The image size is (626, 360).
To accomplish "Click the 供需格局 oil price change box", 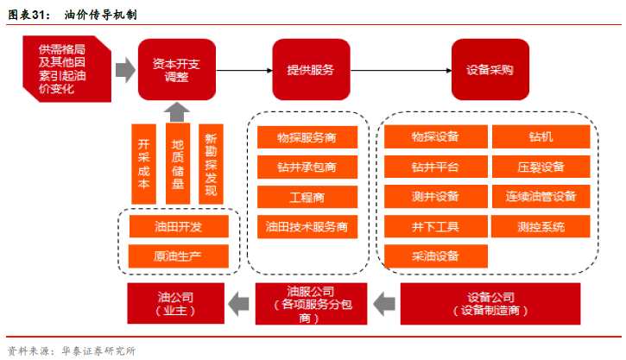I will (63, 66).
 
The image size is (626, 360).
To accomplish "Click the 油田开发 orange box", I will (179, 226).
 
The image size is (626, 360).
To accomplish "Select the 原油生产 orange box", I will (179, 256).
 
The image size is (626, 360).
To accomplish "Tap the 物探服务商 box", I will (307, 138).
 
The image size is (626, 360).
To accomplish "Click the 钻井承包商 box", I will (307, 167).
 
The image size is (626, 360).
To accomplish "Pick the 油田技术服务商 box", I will (307, 227).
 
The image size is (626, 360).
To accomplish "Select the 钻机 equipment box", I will (541, 138).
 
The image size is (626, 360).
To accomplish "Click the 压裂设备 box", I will (541, 167).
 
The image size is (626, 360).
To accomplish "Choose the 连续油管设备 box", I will (541, 197).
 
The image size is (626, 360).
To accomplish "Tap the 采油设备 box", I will (435, 256).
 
